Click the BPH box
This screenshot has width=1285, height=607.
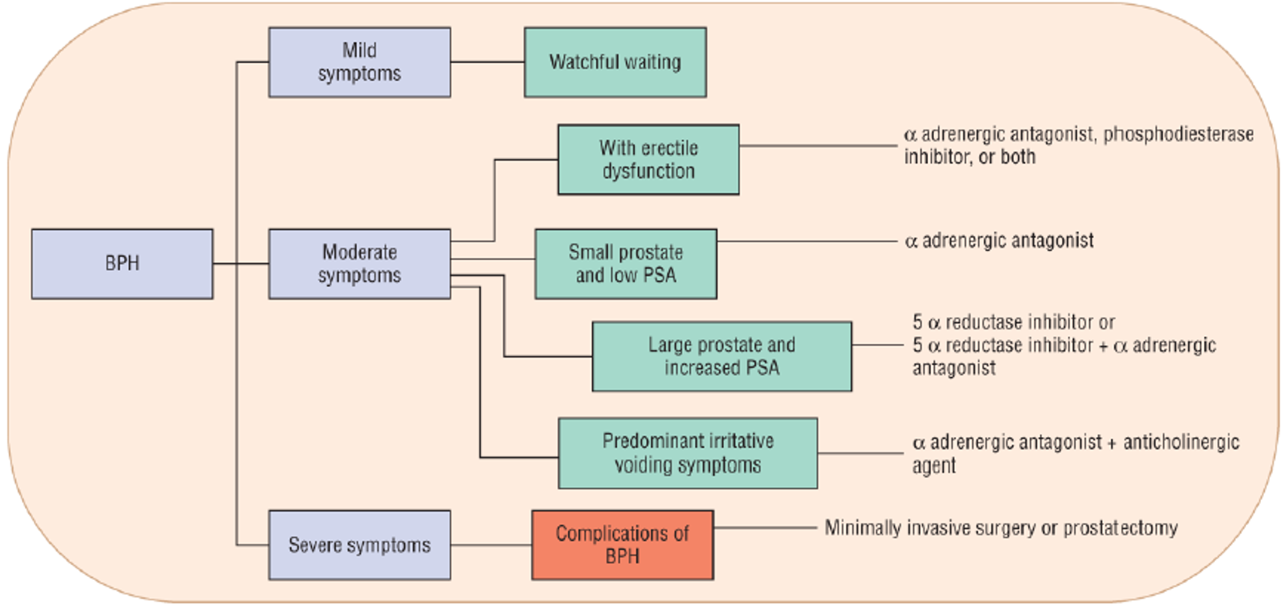(x=122, y=264)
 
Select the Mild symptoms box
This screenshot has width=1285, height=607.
(x=359, y=62)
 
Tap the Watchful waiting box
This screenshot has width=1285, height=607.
(x=615, y=62)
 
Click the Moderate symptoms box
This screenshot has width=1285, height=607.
(x=359, y=264)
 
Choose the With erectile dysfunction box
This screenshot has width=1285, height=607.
(x=648, y=159)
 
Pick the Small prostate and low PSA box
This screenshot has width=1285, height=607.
(x=625, y=264)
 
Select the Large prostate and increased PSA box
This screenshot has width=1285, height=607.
(x=721, y=356)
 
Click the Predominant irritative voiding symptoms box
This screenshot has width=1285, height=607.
(x=688, y=453)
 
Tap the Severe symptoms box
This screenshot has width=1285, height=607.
(x=359, y=545)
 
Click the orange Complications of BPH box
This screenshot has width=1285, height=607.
(x=622, y=545)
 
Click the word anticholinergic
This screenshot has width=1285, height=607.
(x=1181, y=442)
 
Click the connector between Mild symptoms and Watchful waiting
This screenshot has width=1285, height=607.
(x=487, y=62)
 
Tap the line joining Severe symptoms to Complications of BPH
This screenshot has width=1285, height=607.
(x=491, y=545)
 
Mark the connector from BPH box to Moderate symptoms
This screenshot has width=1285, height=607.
(x=240, y=264)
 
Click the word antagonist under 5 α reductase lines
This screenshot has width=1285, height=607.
(x=954, y=368)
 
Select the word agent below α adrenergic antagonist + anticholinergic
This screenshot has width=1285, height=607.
(x=934, y=467)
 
